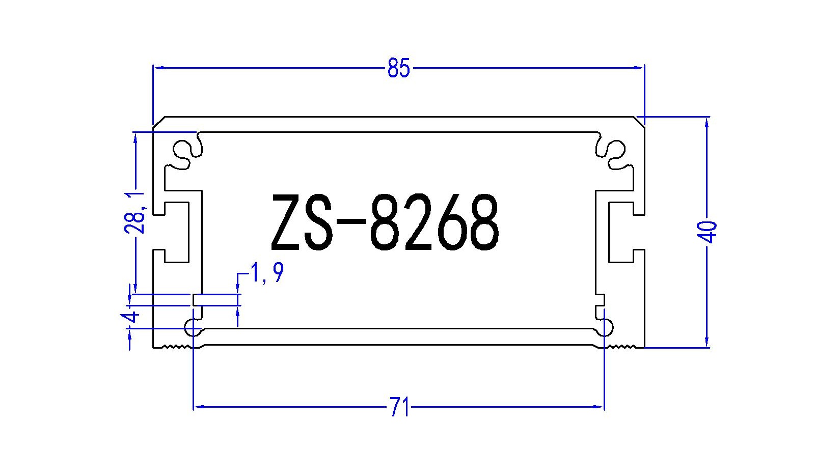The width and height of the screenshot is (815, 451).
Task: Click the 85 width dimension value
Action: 398,68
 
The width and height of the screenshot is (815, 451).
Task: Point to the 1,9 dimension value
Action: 265,274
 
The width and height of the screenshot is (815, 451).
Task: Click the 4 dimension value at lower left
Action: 131,318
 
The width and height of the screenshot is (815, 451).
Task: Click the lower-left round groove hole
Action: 194,328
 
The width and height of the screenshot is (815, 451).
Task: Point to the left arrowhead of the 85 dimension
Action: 157,67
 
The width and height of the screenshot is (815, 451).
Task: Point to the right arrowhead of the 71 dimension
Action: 600,407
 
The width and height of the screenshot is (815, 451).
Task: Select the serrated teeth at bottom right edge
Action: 622,347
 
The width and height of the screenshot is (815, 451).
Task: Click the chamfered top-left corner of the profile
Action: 158,121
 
